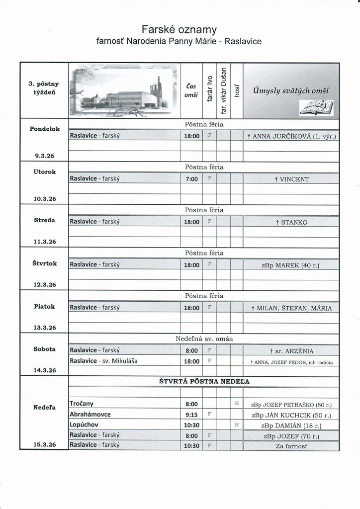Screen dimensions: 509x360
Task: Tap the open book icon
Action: tap(316, 107)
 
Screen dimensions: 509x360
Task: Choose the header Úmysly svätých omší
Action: tap(292, 89)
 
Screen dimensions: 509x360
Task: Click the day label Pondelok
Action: tap(44, 128)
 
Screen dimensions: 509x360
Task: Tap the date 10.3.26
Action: tap(44, 198)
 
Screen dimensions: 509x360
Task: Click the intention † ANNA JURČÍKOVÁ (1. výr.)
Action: tap(292, 136)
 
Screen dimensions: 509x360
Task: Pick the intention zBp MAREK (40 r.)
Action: tap(292, 265)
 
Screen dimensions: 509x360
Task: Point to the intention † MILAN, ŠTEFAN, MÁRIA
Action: tap(292, 308)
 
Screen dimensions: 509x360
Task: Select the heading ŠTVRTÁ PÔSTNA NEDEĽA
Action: tap(204, 381)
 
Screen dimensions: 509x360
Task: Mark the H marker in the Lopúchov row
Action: tap(237, 424)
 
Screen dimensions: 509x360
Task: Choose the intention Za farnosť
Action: tap(292, 446)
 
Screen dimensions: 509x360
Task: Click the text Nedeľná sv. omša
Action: tap(204, 339)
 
